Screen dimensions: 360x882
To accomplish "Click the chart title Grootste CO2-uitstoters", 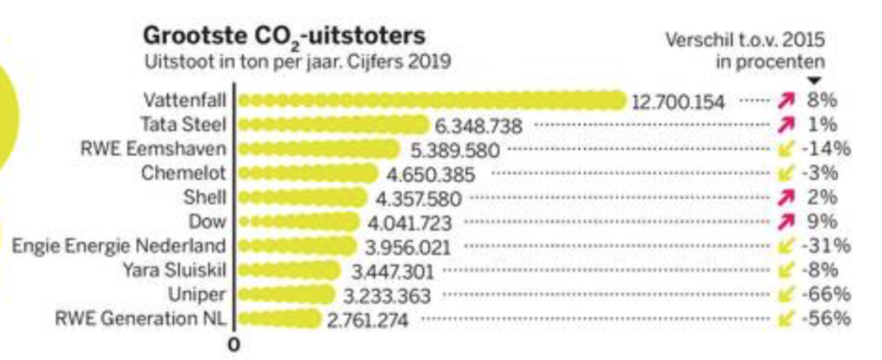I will (284, 37).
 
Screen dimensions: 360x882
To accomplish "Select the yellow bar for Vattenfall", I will (432, 101).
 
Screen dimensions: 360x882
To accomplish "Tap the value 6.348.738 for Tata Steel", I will (478, 126).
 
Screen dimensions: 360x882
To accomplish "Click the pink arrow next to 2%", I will (785, 198).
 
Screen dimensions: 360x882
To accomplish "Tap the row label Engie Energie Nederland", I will (119, 246).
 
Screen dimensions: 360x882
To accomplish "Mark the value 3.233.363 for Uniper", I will (387, 295).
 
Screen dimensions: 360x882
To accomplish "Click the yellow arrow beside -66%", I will (785, 295).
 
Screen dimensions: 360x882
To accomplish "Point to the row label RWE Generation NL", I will (140, 320).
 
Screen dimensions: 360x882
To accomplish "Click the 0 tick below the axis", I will (233, 344).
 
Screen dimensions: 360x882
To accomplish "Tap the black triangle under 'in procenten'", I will (814, 80).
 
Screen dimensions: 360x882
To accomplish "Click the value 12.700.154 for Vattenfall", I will (678, 102).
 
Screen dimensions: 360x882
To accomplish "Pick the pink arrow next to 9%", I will (785, 222).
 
